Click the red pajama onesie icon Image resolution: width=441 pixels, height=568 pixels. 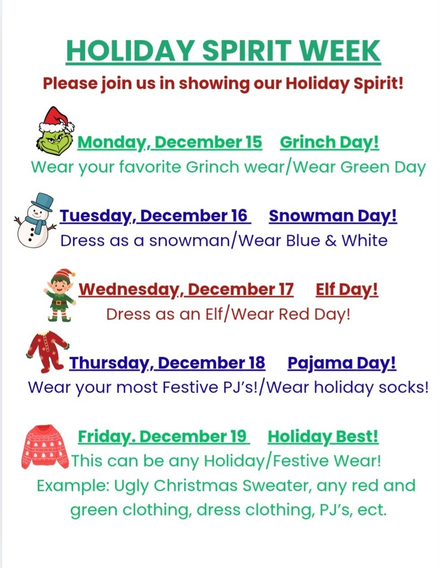pyautogui.click(x=47, y=351)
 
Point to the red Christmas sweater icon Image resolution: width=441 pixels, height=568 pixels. pyautogui.click(x=45, y=447)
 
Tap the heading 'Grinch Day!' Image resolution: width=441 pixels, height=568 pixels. pyautogui.click(x=330, y=143)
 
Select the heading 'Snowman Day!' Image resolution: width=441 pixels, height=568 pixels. pyautogui.click(x=333, y=216)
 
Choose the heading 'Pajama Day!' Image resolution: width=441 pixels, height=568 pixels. pyautogui.click(x=342, y=363)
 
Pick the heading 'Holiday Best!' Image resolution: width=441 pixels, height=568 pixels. pyautogui.click(x=323, y=437)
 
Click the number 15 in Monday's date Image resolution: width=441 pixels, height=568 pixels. pyautogui.click(x=252, y=143)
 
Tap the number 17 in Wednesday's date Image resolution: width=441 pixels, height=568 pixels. pyautogui.click(x=283, y=290)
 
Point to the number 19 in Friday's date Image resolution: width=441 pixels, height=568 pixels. pyautogui.click(x=237, y=437)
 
